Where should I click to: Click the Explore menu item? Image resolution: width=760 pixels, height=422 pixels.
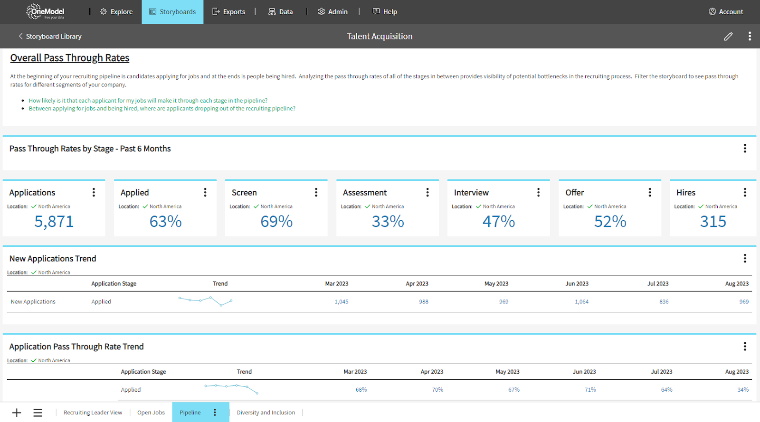point(116,12)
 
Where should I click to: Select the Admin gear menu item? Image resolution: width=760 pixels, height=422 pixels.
point(332,12)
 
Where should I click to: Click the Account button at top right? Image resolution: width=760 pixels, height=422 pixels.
point(726,12)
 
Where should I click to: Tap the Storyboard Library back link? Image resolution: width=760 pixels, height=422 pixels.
point(50,37)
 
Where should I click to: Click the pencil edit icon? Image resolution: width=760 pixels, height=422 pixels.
point(728,37)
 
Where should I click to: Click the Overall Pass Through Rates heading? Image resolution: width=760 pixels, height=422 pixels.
point(70,58)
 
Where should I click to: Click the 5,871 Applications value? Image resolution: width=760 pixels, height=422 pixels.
point(54,222)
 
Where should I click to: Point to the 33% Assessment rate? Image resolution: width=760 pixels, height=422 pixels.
point(388,222)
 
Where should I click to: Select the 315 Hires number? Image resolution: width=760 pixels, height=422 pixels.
point(713,222)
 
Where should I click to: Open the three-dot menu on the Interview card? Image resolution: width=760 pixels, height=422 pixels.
point(538,192)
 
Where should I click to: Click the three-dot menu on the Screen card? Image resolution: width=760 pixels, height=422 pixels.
point(316,192)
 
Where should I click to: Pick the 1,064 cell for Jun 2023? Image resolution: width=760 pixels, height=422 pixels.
point(581,302)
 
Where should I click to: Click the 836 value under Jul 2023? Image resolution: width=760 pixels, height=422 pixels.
point(664,302)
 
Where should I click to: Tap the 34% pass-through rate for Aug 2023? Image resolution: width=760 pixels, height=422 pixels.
point(743,390)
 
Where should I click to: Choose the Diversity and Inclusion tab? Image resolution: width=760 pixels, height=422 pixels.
point(266,413)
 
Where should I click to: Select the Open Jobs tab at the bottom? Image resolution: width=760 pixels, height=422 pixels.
point(151,413)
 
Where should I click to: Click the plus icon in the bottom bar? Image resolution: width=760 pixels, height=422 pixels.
point(17,413)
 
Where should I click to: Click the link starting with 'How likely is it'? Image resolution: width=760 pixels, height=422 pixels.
point(148,101)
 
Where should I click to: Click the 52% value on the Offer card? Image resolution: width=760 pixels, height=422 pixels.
point(610,222)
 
